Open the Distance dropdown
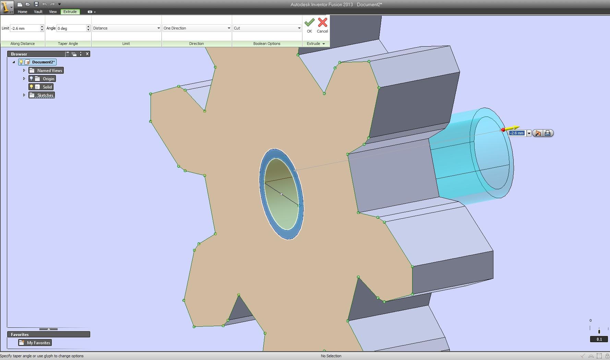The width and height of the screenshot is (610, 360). pos(126,28)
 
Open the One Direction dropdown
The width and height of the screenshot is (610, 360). pos(196,28)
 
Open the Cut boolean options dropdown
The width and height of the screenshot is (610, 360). pos(267,28)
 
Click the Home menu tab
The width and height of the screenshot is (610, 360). pos(22,12)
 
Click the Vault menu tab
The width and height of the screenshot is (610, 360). pos(38,12)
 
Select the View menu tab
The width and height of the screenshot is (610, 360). pos(53,12)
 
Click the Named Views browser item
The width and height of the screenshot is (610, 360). pos(49,70)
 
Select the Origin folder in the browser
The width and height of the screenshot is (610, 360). pos(48,79)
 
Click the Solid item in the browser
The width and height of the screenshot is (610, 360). pos(47,87)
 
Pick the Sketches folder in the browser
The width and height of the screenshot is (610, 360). pos(45,95)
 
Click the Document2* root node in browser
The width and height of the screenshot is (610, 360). pos(43,62)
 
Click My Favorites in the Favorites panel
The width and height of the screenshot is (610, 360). pos(38,343)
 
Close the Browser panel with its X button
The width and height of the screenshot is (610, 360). pos(87,54)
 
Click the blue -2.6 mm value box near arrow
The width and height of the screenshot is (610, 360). pos(516,133)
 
